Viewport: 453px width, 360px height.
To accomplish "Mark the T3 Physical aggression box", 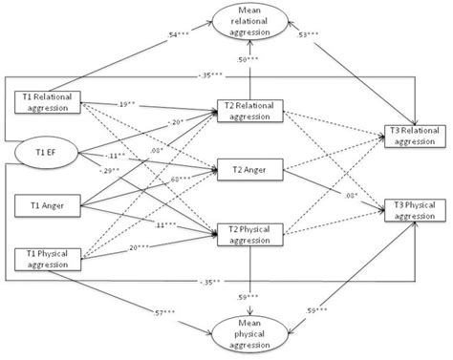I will tap(416, 210).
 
